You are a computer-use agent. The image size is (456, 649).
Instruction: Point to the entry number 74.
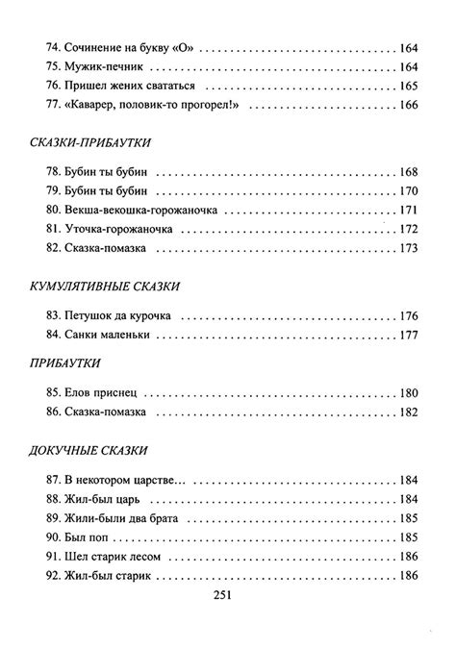pyautogui.click(x=52, y=46)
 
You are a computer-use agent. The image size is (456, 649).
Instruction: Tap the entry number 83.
pyautogui.click(x=52, y=314)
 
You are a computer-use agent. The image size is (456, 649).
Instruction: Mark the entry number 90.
pyautogui.click(x=52, y=537)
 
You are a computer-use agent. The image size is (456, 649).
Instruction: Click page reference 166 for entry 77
pyautogui.click(x=407, y=105)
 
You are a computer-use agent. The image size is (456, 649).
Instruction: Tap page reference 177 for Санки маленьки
pyautogui.click(x=407, y=335)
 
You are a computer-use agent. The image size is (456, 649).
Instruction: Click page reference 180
pyautogui.click(x=407, y=392)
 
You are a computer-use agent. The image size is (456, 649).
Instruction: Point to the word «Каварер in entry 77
pyautogui.click(x=95, y=105)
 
